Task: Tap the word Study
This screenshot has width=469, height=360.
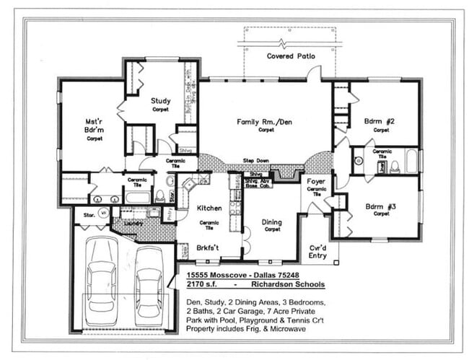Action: click(x=160, y=101)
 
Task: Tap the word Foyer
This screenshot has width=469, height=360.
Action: click(x=316, y=182)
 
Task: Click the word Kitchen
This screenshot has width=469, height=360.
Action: click(x=209, y=208)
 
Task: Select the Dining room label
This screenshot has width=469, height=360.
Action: click(x=271, y=222)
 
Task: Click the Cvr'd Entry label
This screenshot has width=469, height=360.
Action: click(x=317, y=250)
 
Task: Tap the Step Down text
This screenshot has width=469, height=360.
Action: click(x=255, y=159)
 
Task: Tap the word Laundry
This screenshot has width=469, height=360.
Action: click(x=132, y=224)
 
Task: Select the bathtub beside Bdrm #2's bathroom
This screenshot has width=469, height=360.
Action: click(x=411, y=162)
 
